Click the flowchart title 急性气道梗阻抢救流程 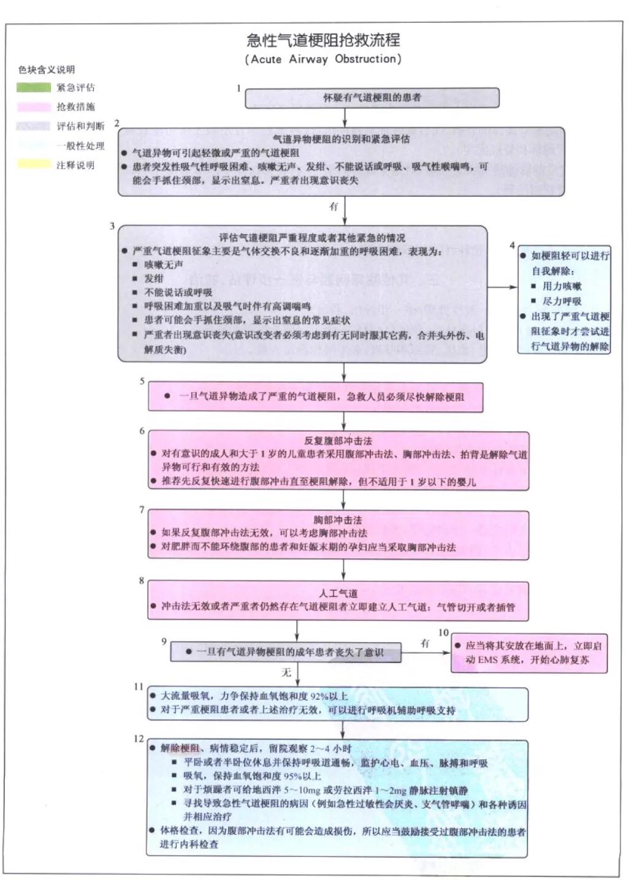323,40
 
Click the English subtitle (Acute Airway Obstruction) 323,59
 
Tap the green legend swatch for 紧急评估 34,88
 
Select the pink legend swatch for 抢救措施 34,107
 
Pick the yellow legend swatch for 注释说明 34,164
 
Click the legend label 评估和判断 80,126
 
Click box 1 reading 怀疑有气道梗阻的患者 372,98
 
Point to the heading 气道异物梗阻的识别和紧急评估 341,139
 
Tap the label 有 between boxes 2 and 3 334,207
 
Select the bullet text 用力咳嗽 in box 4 562,286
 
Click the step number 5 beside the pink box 142,381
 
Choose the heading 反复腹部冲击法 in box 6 338,441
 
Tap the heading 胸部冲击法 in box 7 338,520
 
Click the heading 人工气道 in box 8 338,593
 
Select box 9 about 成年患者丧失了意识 286,653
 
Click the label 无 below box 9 286,672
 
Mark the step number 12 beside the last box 139,738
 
